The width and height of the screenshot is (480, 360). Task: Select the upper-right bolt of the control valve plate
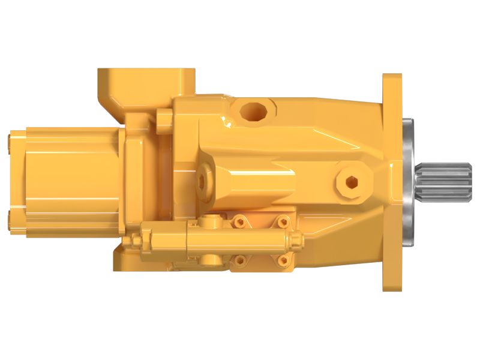point(281,223)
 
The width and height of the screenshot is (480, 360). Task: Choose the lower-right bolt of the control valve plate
point(281,260)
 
